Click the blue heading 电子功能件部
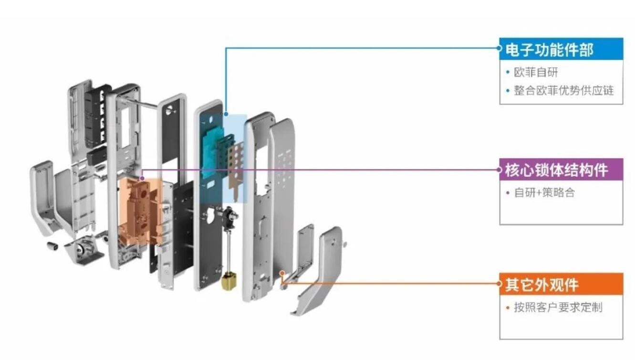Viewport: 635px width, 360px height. pyautogui.click(x=549, y=50)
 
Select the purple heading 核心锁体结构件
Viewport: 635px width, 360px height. pyautogui.click(x=556, y=170)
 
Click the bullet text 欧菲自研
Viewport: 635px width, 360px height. pyautogui.click(x=536, y=73)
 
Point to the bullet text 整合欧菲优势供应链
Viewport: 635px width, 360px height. pyautogui.click(x=564, y=91)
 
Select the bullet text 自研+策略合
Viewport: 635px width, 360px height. pyautogui.click(x=544, y=192)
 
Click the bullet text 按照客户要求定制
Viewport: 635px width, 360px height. pyautogui.click(x=558, y=307)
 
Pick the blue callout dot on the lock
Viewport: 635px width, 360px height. pyautogui.click(x=226, y=114)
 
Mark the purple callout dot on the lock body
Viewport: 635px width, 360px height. pyautogui.click(x=142, y=178)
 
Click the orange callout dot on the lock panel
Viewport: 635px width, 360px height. pyautogui.click(x=282, y=273)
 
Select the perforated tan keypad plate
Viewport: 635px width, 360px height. pyautogui.click(x=236, y=170)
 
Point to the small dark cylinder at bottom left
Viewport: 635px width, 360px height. pyautogui.click(x=52, y=246)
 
